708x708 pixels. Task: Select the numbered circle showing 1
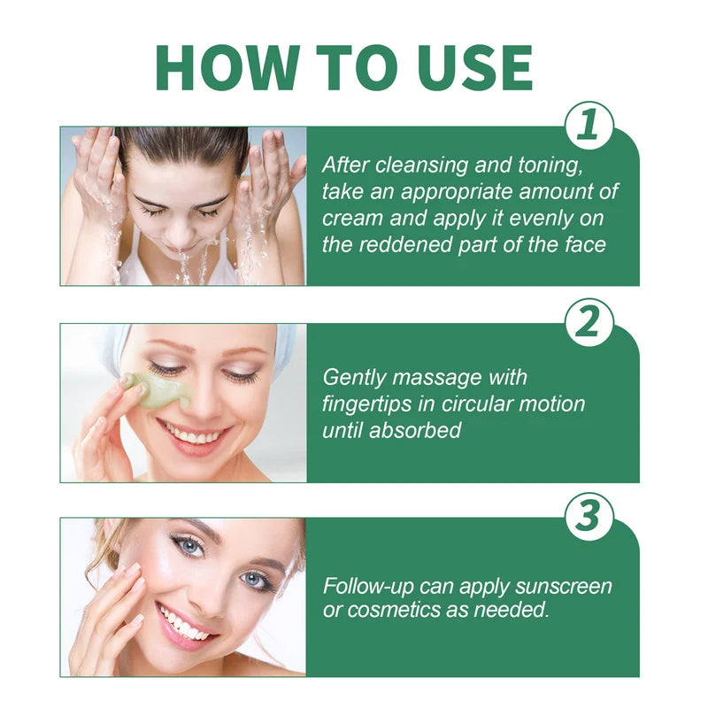pyautogui.click(x=589, y=127)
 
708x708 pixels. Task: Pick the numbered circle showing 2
pyautogui.click(x=589, y=324)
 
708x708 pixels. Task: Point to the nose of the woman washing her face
pyautogui.click(x=181, y=232)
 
